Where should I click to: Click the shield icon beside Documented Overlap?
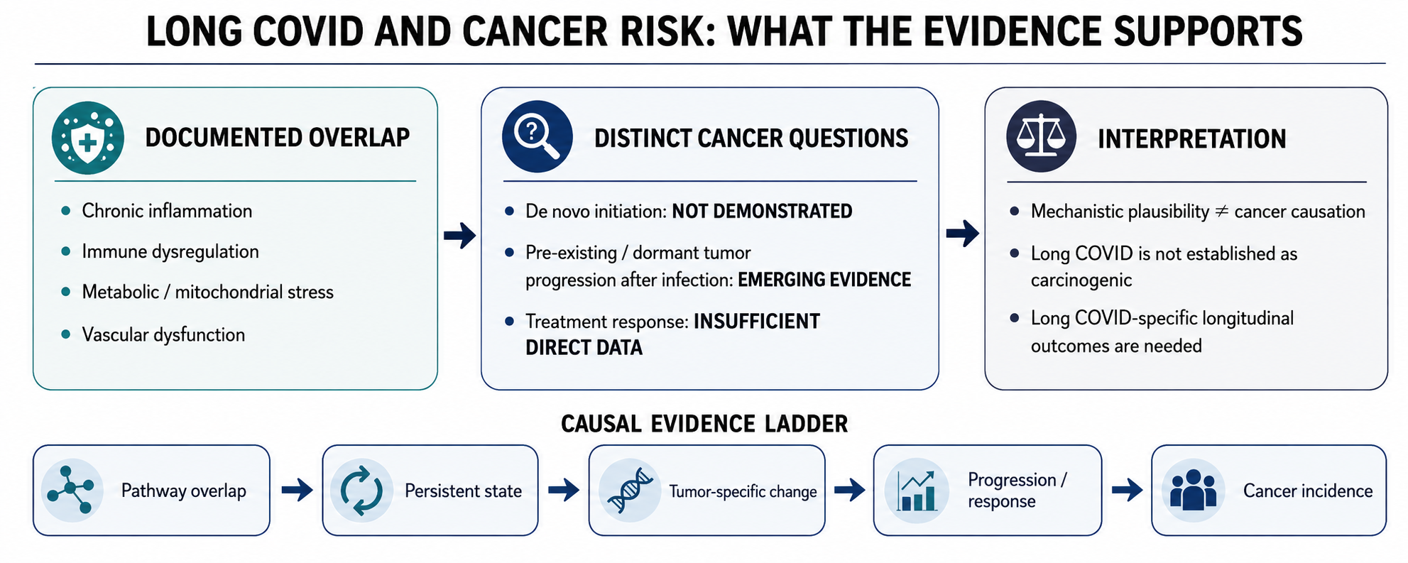pyautogui.click(x=87, y=138)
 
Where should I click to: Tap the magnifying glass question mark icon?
pyautogui.click(x=537, y=136)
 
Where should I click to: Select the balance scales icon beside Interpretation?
pyautogui.click(x=1041, y=136)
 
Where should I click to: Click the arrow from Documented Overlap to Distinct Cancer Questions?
pyautogui.click(x=459, y=235)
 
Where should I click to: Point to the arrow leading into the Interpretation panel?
pyautogui.click(x=963, y=234)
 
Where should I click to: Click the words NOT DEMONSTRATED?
pyautogui.click(x=762, y=212)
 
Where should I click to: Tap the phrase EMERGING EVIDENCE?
pyautogui.click(x=824, y=280)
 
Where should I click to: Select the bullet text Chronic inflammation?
pyautogui.click(x=167, y=211)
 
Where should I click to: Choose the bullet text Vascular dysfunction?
pyautogui.click(x=163, y=335)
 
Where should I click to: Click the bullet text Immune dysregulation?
pyautogui.click(x=170, y=252)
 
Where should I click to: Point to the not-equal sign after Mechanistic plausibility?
pyautogui.click(x=1221, y=212)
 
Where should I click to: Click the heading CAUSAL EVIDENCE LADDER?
pyautogui.click(x=704, y=424)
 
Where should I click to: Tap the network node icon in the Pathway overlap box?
pyautogui.click(x=72, y=490)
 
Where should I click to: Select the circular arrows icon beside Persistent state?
pyautogui.click(x=361, y=490)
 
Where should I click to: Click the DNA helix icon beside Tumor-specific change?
pyautogui.click(x=629, y=490)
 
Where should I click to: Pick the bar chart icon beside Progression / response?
pyautogui.click(x=916, y=490)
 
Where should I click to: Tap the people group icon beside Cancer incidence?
pyautogui.click(x=1193, y=490)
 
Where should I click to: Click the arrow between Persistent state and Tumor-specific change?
pyautogui.click(x=564, y=489)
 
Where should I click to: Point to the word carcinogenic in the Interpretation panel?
pyautogui.click(x=1081, y=280)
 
